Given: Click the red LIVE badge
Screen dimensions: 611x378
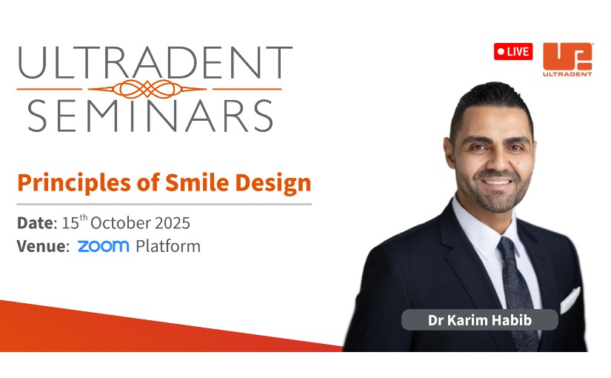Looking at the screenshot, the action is [x=512, y=51].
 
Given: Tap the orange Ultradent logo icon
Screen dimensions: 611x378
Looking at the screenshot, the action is [x=567, y=56].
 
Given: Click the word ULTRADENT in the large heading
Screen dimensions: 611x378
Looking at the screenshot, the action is [x=155, y=63].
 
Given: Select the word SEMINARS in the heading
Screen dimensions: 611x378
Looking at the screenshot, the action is [x=150, y=116].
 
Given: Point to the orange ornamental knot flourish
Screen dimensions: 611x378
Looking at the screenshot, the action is [x=147, y=89].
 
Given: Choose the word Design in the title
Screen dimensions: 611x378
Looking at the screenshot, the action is [x=273, y=183].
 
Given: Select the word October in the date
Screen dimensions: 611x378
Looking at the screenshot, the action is [x=121, y=223].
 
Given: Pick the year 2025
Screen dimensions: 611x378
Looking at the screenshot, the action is [x=173, y=223].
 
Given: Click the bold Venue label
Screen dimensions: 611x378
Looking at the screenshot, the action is [x=43, y=246].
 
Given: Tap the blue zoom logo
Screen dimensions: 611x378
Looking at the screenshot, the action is [x=103, y=246].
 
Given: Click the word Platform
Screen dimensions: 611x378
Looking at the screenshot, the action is [x=168, y=246].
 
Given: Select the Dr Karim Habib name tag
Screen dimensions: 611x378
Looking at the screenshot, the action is [x=480, y=320].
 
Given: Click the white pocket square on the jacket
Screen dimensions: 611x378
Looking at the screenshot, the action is [x=570, y=299].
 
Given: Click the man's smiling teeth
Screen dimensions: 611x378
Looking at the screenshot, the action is [x=496, y=182].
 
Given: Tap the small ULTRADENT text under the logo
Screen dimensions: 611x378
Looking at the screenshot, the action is [x=567, y=73].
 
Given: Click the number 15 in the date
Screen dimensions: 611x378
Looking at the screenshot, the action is [x=70, y=223].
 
